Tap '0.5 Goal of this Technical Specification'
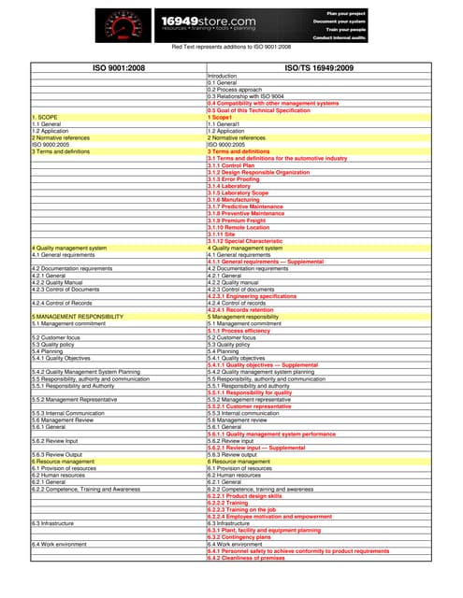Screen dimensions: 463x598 [258, 110]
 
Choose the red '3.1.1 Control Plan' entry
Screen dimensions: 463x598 [235, 165]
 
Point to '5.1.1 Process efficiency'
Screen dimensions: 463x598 [239, 331]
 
